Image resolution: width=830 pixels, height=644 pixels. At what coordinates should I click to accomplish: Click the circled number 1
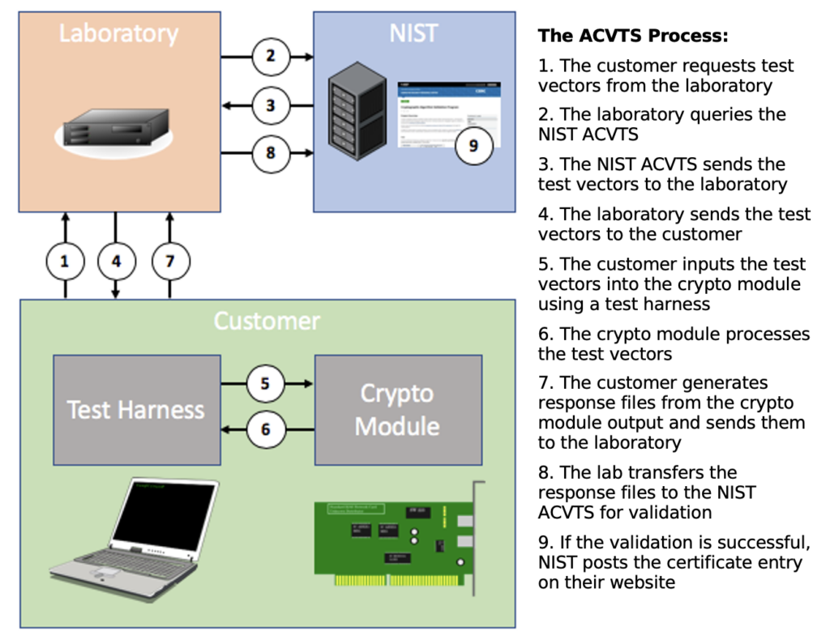[66, 261]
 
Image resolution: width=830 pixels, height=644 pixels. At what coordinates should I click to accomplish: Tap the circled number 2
[270, 57]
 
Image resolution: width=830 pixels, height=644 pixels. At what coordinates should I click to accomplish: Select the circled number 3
[270, 104]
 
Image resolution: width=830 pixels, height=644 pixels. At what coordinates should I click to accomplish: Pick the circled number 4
[117, 261]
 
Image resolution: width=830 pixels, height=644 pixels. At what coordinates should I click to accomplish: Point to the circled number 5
[265, 383]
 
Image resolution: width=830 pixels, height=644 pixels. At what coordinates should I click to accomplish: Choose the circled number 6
[265, 429]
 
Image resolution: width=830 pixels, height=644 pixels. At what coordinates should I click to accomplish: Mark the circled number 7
[170, 261]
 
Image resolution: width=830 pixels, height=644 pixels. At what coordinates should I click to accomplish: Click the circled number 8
[270, 152]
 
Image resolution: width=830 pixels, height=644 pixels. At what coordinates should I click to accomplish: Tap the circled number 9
[473, 146]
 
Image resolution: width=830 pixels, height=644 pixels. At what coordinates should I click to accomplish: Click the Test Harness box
[136, 408]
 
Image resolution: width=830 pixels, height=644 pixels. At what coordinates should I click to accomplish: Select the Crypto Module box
[397, 408]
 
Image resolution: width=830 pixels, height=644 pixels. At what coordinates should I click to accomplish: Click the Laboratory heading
[118, 34]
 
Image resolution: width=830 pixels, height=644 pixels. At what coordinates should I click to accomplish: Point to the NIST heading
[413, 33]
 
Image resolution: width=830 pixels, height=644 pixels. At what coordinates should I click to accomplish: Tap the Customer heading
[267, 322]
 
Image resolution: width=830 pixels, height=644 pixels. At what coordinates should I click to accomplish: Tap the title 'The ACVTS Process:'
[633, 36]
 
